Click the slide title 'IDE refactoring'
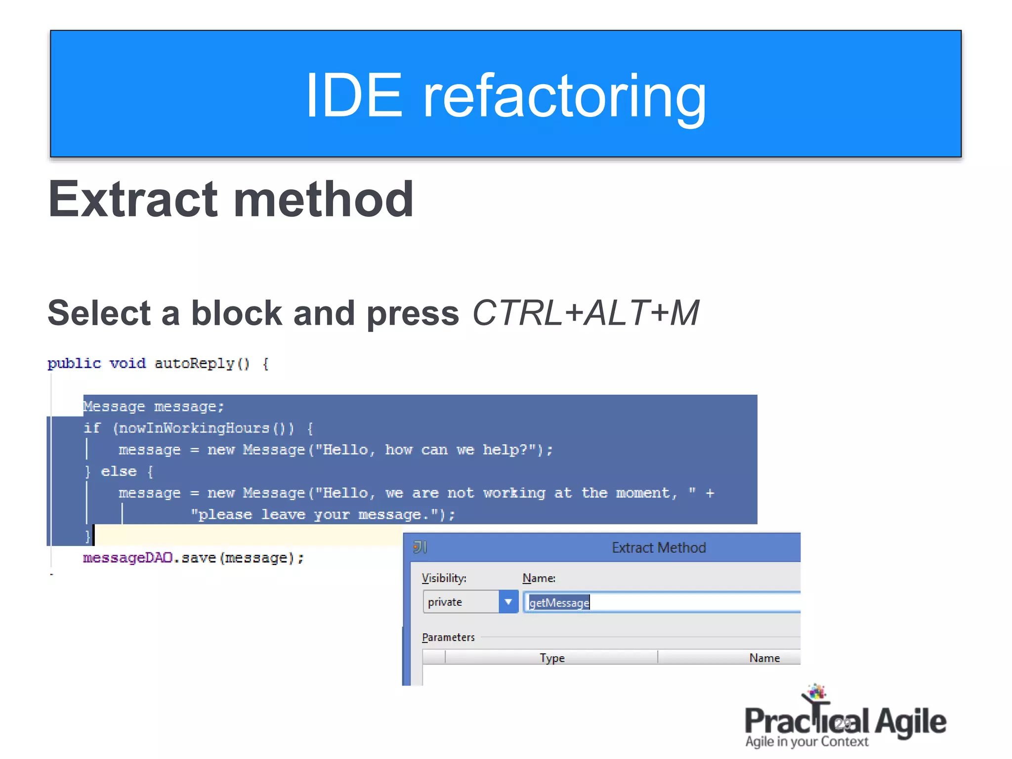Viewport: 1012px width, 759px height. point(506,95)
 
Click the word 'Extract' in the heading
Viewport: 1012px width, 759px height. point(132,199)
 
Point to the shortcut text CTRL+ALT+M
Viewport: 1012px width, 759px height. point(586,313)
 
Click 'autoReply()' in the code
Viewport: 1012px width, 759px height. point(202,364)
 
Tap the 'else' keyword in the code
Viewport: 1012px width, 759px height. point(119,471)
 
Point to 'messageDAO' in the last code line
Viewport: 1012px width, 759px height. point(127,558)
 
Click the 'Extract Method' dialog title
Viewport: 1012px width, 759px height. point(658,548)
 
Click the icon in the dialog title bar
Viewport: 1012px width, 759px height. point(420,547)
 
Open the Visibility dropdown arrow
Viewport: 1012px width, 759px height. point(508,602)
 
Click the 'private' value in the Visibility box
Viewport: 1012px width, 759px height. point(445,602)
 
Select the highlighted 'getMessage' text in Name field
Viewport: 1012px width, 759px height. point(559,602)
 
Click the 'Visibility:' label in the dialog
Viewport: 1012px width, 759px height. point(444,578)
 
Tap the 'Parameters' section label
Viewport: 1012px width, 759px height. point(448,637)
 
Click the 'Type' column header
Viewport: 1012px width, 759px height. point(552,658)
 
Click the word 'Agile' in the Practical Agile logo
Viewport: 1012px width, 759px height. point(910,722)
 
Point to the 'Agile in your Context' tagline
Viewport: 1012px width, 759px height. point(806,742)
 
